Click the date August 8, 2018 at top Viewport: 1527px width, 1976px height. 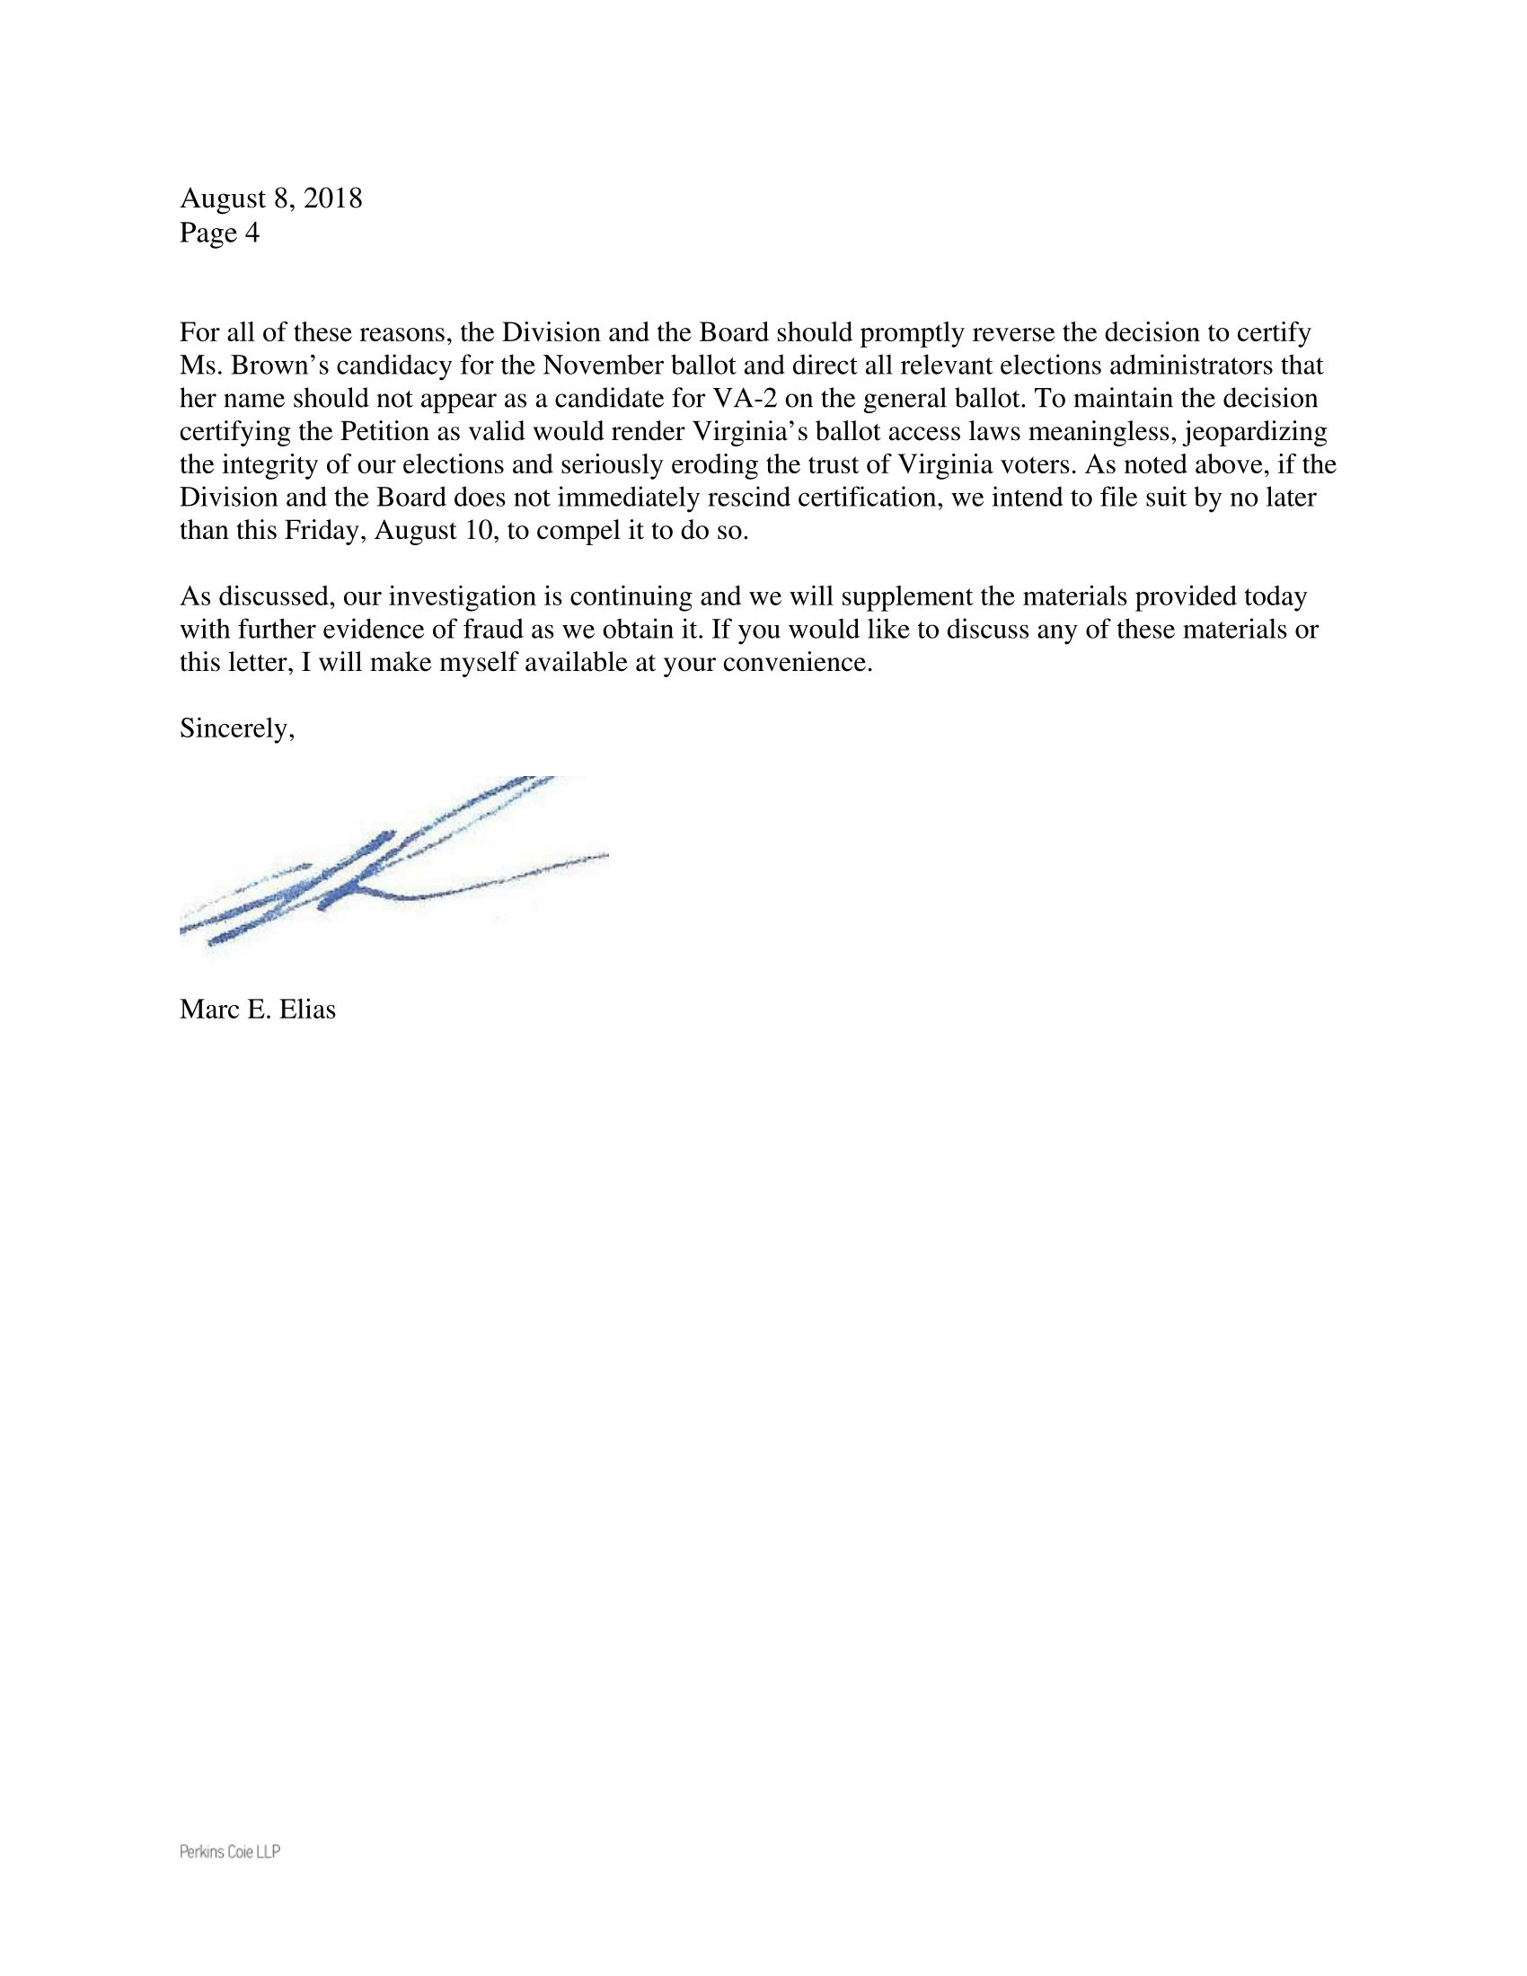point(270,198)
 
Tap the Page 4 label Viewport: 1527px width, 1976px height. point(219,233)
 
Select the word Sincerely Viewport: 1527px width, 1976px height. point(236,728)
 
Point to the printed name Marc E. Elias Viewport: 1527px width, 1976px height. point(257,1010)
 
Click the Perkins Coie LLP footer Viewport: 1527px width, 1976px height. point(230,1851)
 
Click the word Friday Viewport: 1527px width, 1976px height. point(325,531)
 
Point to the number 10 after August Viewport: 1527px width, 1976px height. point(476,531)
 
